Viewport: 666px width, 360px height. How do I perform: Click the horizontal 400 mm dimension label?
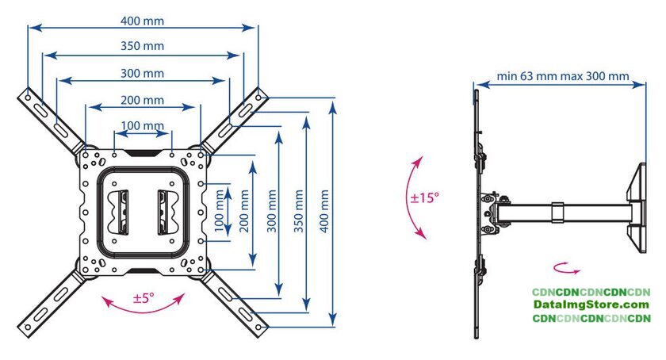(x=143, y=19)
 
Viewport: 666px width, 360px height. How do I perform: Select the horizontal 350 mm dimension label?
(x=143, y=46)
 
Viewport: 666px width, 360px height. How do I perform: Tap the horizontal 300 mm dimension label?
(x=143, y=73)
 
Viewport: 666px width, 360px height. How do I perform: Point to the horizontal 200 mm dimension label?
(x=143, y=100)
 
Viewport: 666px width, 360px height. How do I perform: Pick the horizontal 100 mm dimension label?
(x=143, y=125)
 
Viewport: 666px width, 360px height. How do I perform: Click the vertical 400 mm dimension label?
(x=323, y=209)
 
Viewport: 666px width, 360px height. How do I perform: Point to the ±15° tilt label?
(x=425, y=197)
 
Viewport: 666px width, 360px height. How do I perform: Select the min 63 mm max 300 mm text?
(x=563, y=77)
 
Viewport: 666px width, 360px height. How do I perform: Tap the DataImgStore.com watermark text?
(x=591, y=305)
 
